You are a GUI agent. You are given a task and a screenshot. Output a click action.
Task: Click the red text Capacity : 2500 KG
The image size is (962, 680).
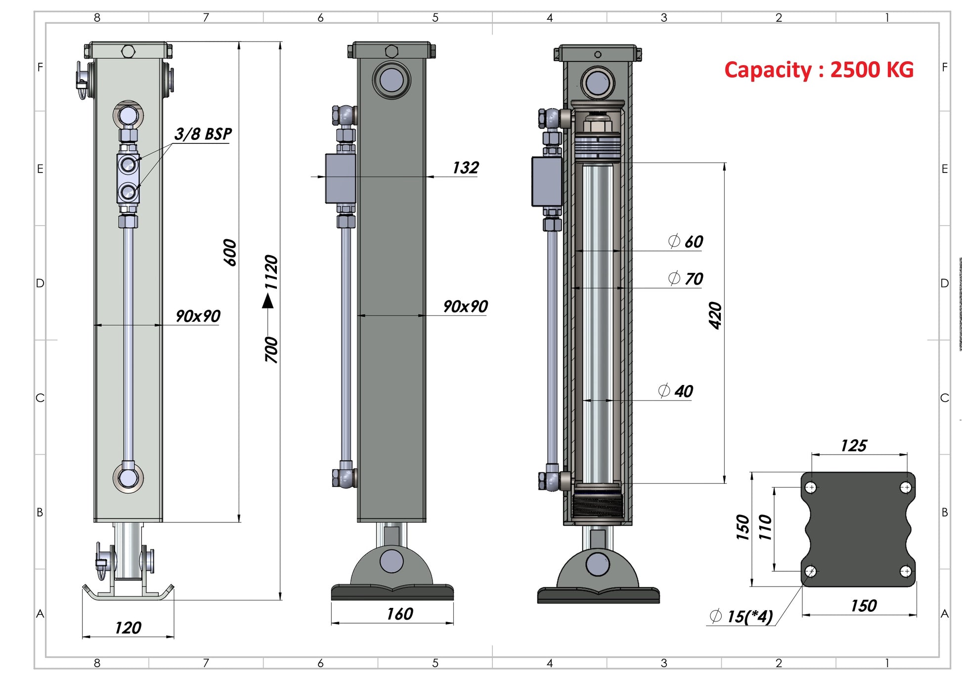[x=819, y=70]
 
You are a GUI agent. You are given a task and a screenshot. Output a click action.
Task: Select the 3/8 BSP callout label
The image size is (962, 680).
[x=203, y=134]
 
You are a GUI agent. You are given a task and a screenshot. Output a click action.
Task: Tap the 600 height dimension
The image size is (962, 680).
[x=230, y=253]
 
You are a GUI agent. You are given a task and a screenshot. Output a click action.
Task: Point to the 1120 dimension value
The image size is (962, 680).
[x=271, y=272]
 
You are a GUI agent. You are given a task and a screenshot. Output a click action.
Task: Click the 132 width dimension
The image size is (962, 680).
[x=465, y=168]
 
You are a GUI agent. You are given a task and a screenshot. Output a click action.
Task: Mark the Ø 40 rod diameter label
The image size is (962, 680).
[x=675, y=391]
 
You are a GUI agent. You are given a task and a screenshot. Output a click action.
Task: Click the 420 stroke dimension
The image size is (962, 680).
[x=715, y=315]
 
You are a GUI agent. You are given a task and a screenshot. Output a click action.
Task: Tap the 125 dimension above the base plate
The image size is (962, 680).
[x=853, y=446]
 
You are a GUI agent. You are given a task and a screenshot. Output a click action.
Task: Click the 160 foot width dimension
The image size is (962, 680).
[x=399, y=614]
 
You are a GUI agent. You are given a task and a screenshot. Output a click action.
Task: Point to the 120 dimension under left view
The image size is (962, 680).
[x=128, y=628]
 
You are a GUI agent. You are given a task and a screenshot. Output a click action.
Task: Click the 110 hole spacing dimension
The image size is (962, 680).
[x=765, y=527]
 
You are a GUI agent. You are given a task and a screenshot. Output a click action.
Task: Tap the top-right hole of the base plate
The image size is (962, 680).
[x=906, y=488]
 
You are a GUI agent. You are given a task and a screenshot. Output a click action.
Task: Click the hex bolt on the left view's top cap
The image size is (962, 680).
[x=128, y=51]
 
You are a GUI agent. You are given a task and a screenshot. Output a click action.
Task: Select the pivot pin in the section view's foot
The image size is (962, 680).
[x=598, y=564]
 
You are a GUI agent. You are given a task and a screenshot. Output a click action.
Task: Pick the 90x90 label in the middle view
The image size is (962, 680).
[x=465, y=306]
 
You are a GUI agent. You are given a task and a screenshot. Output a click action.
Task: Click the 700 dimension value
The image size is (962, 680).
[x=271, y=349]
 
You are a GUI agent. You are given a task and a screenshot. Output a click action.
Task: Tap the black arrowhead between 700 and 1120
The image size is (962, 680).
[x=268, y=300]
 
